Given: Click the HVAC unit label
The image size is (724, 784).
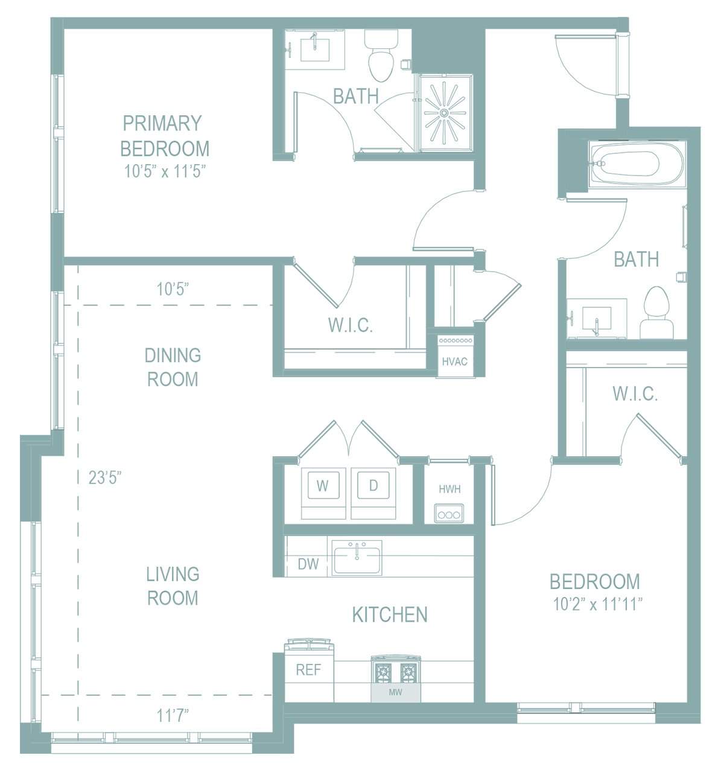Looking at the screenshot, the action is pos(454,362).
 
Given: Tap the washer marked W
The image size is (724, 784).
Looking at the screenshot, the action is pos(323,493).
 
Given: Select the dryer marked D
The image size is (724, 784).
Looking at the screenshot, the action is pos(373,493).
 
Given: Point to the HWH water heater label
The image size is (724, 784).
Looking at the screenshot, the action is pos(449,489).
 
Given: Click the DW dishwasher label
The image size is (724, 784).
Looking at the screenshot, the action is pos(308,564).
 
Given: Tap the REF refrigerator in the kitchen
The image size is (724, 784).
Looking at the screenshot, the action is pos(309,671).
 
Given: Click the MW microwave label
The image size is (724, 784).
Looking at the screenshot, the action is pos(396,692).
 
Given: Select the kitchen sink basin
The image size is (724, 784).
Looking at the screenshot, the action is pos(357,558).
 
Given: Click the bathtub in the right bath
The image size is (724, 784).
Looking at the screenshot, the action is pos(637,164).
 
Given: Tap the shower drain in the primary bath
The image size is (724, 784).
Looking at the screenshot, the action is pos(444,113).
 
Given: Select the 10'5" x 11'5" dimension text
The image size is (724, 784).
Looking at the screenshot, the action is pos(165,172).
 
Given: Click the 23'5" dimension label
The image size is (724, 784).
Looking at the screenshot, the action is pos(104,477).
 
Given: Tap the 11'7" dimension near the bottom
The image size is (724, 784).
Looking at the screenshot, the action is pos(173,715).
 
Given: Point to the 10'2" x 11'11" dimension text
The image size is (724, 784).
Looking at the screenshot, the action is pos(597,604).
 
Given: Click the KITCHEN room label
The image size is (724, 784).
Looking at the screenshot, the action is pos(390,614).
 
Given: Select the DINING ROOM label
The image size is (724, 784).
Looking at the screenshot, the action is pos(173,367).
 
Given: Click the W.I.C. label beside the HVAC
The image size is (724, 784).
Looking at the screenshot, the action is pos(351,325).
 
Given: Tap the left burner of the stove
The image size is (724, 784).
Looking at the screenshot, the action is pos(383,674).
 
